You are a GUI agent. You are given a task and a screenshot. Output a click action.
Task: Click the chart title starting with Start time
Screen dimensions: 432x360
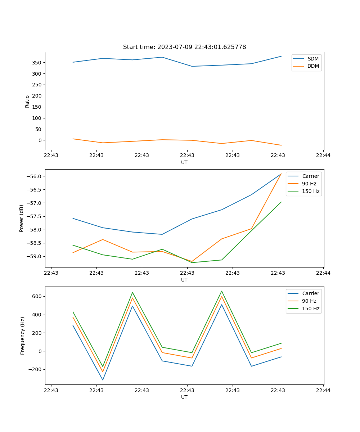point(184,47)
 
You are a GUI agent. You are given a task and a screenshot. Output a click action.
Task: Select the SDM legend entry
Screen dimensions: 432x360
point(313,58)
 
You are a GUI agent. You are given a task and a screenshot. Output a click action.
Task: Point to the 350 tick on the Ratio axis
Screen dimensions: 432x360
point(38,63)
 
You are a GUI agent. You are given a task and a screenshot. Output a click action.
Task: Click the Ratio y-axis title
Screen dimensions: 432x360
point(27,101)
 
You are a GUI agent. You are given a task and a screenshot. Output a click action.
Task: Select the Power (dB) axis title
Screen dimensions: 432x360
point(22,218)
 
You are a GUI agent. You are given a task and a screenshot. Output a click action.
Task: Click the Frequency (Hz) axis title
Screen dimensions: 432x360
point(23,336)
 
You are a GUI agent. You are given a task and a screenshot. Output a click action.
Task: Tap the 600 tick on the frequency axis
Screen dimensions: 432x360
point(38,296)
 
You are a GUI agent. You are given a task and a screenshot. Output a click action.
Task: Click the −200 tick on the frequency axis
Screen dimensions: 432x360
point(36,369)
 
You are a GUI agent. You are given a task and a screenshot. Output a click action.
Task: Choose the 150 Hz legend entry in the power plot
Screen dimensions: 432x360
point(311,191)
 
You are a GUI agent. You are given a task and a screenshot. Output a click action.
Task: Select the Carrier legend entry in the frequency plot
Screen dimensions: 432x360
point(311,293)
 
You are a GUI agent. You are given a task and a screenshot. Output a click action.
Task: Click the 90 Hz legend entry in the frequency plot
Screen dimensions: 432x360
point(309,301)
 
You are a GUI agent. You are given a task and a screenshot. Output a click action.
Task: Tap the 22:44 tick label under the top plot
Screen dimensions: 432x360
point(323,155)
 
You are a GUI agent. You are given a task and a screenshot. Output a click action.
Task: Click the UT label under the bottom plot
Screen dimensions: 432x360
point(184,397)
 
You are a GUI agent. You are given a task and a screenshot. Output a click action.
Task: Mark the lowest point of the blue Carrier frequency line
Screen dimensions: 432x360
point(103,380)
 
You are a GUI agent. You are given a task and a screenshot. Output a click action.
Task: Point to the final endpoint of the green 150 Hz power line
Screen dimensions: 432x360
point(281,202)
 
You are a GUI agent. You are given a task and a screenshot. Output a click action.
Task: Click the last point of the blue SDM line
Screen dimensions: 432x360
point(281,56)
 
